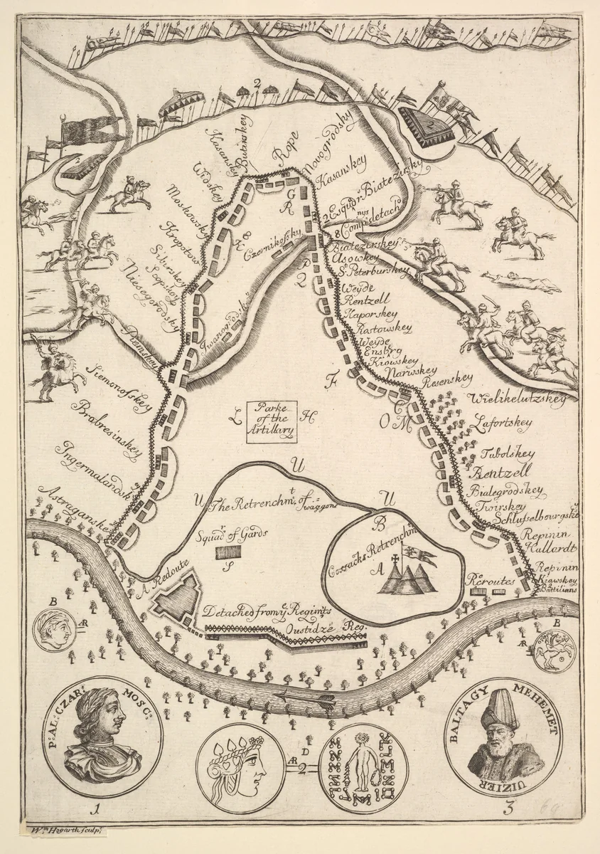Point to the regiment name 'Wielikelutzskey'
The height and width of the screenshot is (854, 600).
(x=518, y=399)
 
